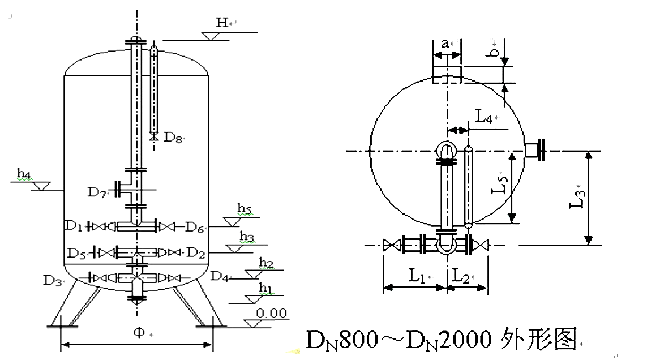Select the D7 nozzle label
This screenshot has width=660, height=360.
pos(97,191)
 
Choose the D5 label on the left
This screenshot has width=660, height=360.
pos(77,251)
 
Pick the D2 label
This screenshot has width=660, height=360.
pos(195,251)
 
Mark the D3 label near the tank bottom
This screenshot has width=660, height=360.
pos(52,279)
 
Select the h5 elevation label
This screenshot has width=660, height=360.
pos(245,210)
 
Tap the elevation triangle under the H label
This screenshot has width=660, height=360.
pos(215,36)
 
